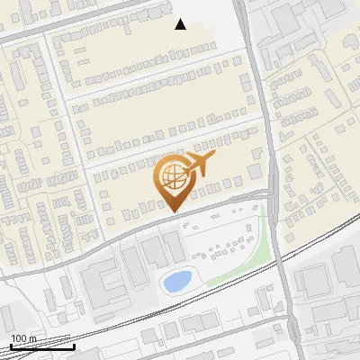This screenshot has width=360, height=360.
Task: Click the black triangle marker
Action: tap(181, 24)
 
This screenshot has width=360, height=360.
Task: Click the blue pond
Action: tap(176, 281)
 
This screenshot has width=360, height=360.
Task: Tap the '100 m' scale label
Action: tap(22, 339)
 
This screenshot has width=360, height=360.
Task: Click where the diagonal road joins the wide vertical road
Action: tap(270, 193)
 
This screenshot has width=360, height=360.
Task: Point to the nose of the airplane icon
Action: tap(213, 156)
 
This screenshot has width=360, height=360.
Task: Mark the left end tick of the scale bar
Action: tap(10, 346)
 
